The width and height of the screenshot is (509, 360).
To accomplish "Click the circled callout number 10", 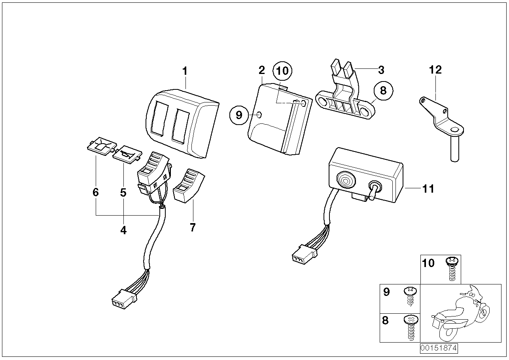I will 282,72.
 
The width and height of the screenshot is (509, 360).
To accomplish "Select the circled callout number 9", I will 238,115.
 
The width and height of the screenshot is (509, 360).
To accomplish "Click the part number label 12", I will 435,70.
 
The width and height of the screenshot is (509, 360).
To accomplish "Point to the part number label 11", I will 428,189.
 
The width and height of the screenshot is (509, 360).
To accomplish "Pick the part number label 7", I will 193,227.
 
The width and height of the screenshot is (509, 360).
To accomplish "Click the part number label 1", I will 184,71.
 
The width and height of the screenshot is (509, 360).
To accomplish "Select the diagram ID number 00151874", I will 439,349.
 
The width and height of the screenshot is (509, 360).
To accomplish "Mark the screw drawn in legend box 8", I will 410,327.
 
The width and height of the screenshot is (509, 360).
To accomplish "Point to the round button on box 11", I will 346,182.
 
